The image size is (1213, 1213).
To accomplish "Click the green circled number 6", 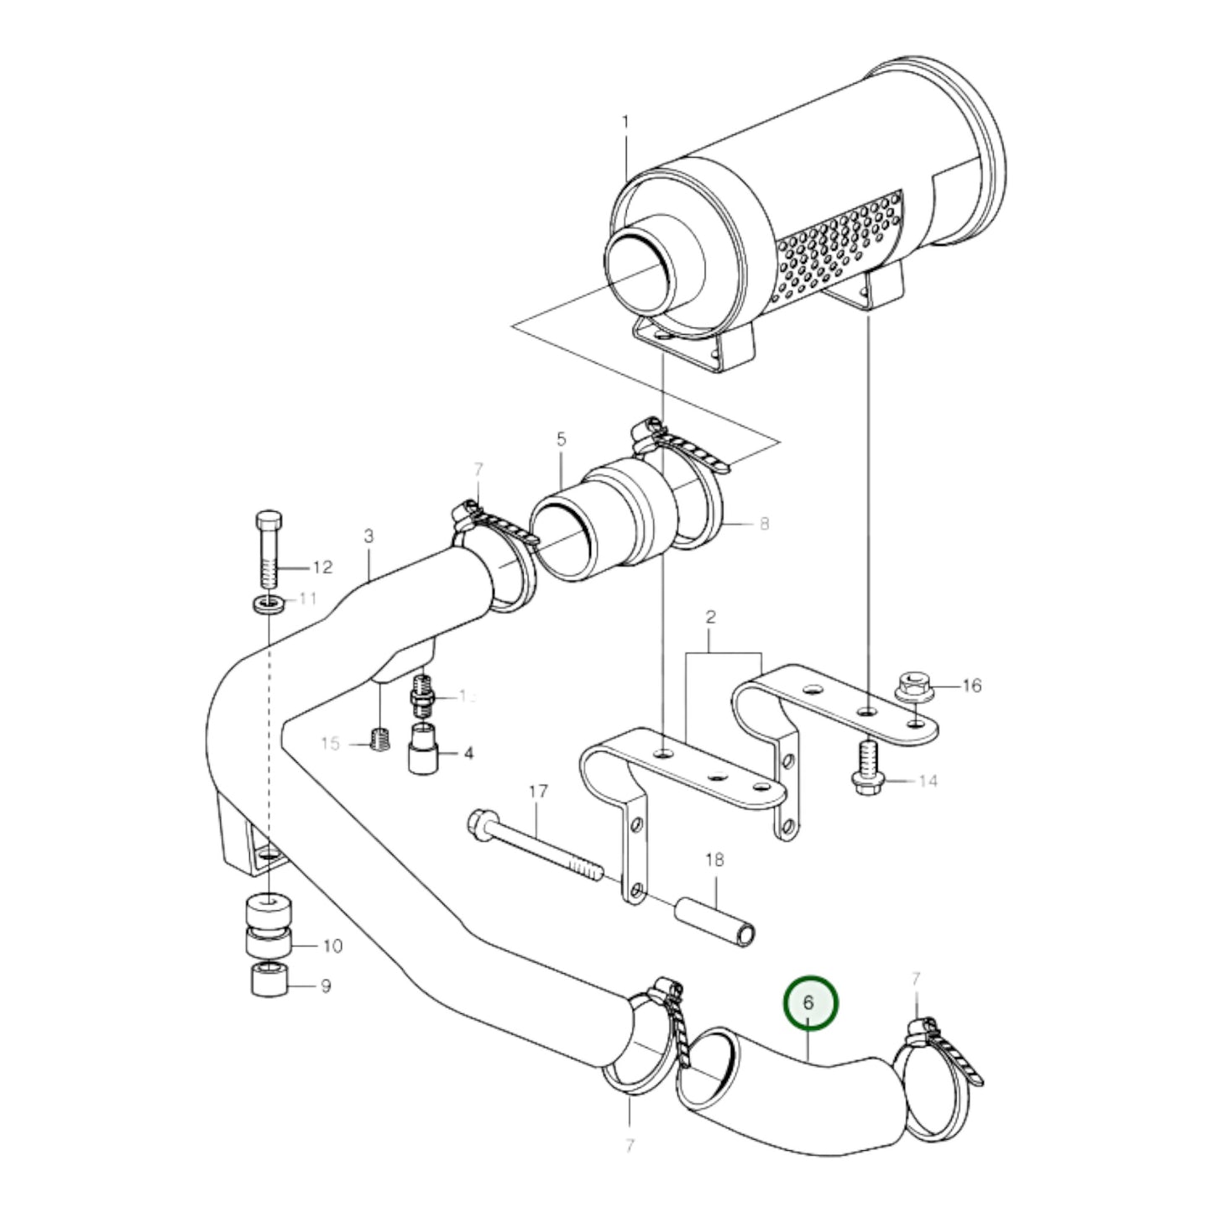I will [x=810, y=1001].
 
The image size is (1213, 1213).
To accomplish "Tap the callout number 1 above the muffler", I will [x=625, y=123].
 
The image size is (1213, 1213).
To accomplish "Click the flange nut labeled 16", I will [x=912, y=685].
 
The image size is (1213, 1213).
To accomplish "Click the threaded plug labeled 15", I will [x=379, y=739].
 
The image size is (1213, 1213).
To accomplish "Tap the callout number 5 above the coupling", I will [x=561, y=439].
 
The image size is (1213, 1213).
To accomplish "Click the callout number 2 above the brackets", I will [x=710, y=617].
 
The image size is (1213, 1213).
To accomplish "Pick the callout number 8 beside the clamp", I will [x=763, y=524].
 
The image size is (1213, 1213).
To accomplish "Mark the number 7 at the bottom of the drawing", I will [x=630, y=1144].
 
